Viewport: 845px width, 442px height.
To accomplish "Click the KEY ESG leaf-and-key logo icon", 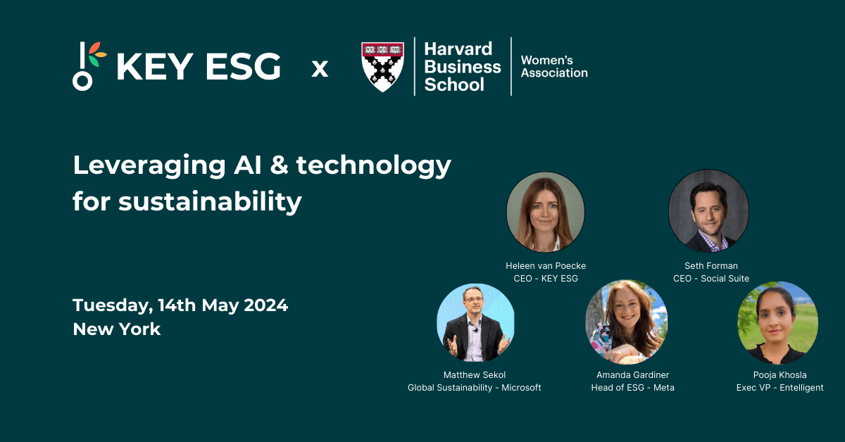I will tap(87, 66).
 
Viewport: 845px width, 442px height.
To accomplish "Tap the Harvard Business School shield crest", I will tap(382, 66).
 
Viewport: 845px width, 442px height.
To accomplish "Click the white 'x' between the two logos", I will tap(320, 69).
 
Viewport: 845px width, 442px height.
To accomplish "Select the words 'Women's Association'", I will tap(553, 67).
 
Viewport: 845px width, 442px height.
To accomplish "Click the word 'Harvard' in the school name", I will tap(458, 49).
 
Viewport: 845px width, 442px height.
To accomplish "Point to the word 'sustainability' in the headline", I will tap(210, 202).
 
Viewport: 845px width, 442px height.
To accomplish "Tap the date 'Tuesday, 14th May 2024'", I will tap(180, 305).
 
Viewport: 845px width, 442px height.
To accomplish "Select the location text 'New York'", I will tap(117, 329).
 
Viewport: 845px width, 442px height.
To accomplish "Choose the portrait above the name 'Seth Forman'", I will tap(708, 210).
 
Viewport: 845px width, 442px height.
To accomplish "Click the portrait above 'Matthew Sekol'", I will tap(475, 322).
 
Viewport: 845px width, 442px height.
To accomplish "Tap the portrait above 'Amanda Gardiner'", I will tap(626, 322).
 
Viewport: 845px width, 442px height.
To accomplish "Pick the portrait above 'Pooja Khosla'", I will tap(777, 322).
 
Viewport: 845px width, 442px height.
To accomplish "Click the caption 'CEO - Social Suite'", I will tap(711, 279).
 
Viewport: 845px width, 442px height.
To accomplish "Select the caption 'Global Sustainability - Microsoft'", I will tap(475, 388).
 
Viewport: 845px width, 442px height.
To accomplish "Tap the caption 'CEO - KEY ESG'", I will tap(546, 279).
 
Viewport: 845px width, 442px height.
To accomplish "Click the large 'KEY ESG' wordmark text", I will tap(198, 68).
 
